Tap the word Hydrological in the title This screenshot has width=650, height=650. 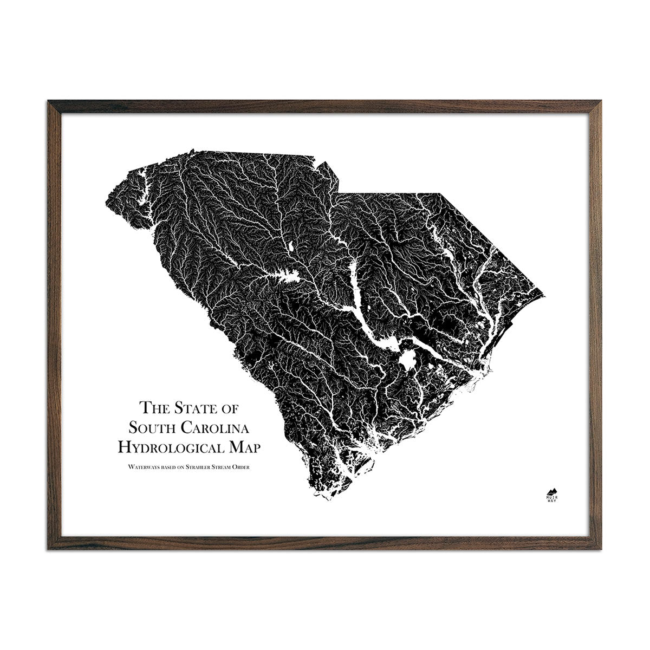click(172, 447)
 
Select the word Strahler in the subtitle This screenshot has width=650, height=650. click(197, 466)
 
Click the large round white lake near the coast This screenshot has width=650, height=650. click(405, 360)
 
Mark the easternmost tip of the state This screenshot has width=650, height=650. click(543, 292)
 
